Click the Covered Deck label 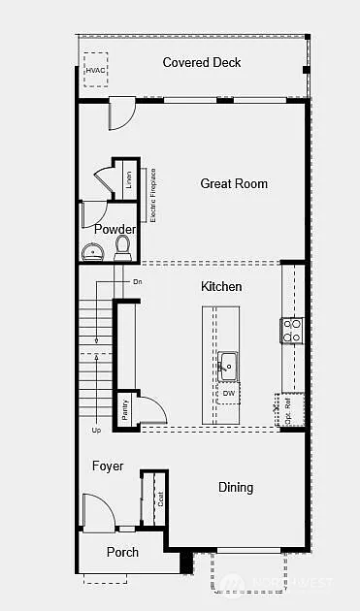click(x=202, y=63)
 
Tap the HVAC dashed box click(x=96, y=70)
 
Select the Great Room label click(x=234, y=183)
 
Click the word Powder click(x=115, y=230)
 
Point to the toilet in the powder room click(x=123, y=248)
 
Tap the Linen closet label click(x=128, y=179)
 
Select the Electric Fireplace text click(x=153, y=195)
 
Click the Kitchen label click(x=221, y=287)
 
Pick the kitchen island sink click(x=227, y=366)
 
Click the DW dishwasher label click(x=229, y=393)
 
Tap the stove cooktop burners click(x=291, y=330)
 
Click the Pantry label click(x=124, y=409)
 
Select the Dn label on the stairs click(x=138, y=281)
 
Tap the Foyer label click(x=108, y=466)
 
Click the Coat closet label click(x=159, y=499)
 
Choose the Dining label click(x=235, y=488)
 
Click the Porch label click(x=122, y=553)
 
